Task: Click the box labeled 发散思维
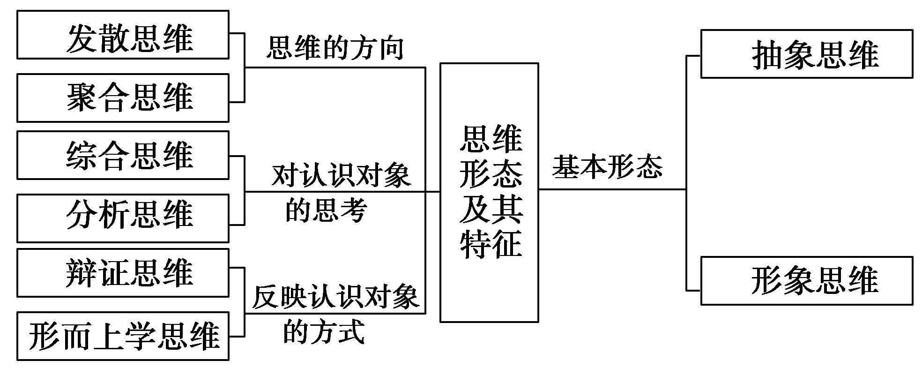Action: click(x=123, y=35)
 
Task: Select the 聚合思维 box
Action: click(x=123, y=98)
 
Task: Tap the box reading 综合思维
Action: click(x=123, y=155)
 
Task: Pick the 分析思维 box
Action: click(x=123, y=218)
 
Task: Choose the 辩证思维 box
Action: click(x=123, y=273)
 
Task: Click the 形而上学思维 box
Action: click(x=123, y=336)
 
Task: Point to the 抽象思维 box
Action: click(x=806, y=54)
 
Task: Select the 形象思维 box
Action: click(x=806, y=280)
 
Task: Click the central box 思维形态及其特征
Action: click(x=489, y=192)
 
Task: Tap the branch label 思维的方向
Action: click(x=335, y=49)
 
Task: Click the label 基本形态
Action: click(x=608, y=166)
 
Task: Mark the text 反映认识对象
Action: click(x=335, y=297)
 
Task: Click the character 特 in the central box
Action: click(x=474, y=244)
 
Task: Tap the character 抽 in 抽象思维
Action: click(x=767, y=55)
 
